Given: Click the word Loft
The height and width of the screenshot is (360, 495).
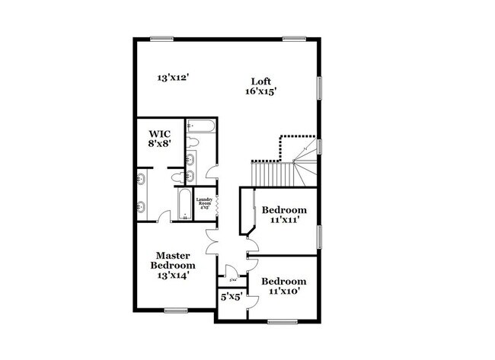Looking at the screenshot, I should tap(261, 81).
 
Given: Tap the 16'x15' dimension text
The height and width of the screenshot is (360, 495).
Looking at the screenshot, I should tap(260, 91).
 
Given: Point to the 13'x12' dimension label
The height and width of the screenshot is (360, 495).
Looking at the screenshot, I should tap(173, 77).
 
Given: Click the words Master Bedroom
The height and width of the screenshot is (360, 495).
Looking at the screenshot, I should tap(173, 260).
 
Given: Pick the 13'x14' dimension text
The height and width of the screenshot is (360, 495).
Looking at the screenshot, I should tap(173, 276).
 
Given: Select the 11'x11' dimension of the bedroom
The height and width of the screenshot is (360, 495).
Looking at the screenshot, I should tap(284, 221).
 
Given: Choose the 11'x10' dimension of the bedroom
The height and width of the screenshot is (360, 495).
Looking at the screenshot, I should tap(284, 291).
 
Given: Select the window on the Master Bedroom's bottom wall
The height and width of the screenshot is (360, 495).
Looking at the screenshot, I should tap(176, 310).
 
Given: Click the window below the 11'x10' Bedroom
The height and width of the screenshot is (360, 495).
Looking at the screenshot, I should tap(281, 322).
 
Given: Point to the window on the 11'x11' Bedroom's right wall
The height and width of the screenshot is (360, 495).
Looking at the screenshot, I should tap(320, 236).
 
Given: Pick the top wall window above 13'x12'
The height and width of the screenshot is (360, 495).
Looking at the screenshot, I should tap(161, 39).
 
